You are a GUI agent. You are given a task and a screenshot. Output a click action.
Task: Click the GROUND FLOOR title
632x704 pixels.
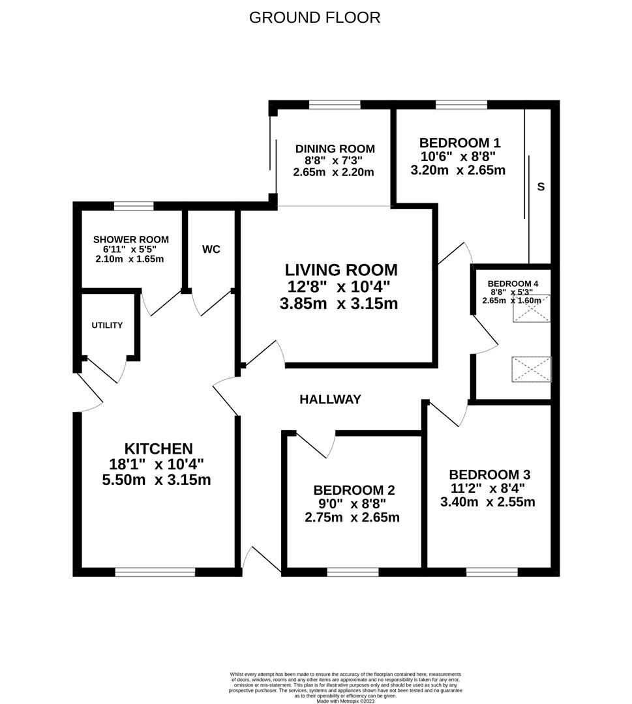coord(315,18)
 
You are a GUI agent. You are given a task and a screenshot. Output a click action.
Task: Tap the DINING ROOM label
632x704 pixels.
coord(335,149)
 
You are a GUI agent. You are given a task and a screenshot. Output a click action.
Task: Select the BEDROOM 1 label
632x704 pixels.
coord(460,143)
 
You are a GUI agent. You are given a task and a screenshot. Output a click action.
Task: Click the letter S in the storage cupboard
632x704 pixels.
coord(541,187)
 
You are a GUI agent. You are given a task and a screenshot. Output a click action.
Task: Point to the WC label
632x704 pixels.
coord(211,250)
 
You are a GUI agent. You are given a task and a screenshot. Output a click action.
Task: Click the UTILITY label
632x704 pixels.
coord(107,325)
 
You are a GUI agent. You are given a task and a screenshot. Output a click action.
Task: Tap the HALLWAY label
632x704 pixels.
coord(330,400)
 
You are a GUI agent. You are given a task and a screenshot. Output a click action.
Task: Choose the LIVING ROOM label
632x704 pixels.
coord(341,269)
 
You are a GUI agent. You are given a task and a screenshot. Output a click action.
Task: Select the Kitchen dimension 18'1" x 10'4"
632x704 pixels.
coord(157,464)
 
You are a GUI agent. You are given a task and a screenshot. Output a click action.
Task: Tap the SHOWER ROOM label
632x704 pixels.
coord(130,239)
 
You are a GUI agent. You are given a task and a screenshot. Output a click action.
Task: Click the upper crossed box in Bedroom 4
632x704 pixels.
coord(532,309)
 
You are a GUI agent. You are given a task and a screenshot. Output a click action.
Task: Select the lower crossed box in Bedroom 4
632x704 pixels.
coord(532,369)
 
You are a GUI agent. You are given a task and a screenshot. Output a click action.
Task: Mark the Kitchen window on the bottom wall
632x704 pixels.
coord(155,572)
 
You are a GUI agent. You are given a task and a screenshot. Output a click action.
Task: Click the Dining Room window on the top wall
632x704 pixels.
coord(335,104)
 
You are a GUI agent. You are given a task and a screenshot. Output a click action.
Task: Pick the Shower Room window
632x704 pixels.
coord(134,206)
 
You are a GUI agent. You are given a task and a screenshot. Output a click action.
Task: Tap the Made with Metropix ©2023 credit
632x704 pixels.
coord(346,701)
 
